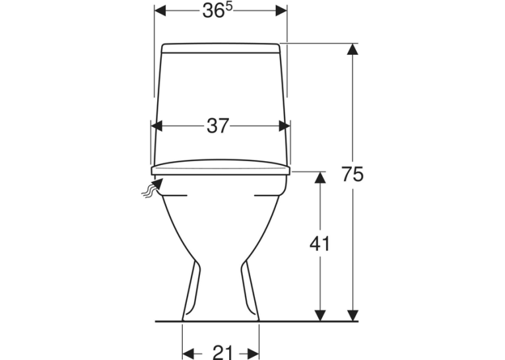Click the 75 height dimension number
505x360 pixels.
click(353, 174)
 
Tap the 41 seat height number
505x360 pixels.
click(320, 244)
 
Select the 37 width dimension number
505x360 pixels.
click(218, 126)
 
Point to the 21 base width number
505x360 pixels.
click(222, 352)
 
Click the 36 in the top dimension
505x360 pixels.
click(213, 11)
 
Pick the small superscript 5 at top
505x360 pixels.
click(228, 7)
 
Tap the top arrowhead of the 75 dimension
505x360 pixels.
click(353, 49)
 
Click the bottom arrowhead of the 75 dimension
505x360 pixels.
click(353, 316)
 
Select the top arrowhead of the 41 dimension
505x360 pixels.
click(320, 177)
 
